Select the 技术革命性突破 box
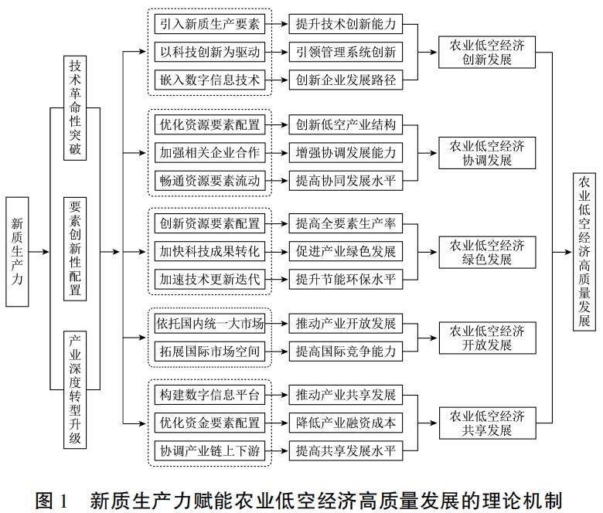tap(75, 107)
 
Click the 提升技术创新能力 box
tap(346, 25)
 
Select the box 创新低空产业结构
tap(346, 125)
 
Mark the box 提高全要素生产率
tap(346, 224)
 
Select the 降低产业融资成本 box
tap(346, 423)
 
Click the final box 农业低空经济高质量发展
tap(584, 251)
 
